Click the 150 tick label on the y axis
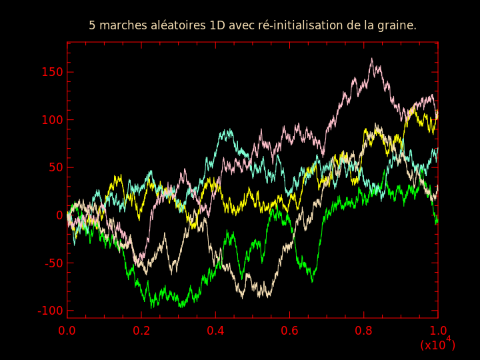(52, 72)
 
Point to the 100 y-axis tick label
(52, 120)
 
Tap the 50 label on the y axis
(55, 168)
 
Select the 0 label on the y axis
(59, 215)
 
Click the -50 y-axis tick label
(53, 263)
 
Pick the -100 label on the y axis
(50, 311)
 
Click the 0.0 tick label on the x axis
(67, 331)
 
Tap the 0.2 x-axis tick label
(141, 331)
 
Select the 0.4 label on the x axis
(215, 331)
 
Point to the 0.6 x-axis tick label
(289, 331)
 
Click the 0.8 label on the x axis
(364, 331)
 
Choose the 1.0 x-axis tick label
(438, 331)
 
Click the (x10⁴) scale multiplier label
(438, 344)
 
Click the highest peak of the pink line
(371, 59)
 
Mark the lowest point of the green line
(151, 307)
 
